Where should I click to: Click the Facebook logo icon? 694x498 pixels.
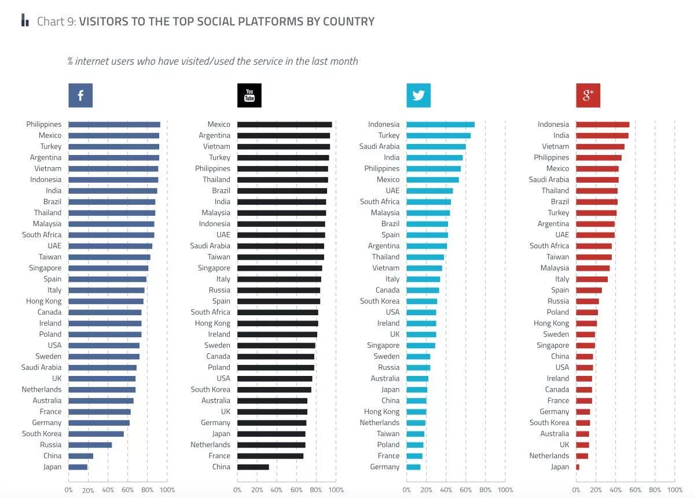click(x=80, y=95)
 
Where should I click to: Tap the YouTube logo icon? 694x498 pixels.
click(x=249, y=95)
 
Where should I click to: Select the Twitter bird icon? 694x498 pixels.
click(x=418, y=95)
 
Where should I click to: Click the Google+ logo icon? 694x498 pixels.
click(x=588, y=95)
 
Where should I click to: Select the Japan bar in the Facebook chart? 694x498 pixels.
click(x=78, y=467)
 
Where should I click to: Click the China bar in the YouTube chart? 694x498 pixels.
click(x=253, y=467)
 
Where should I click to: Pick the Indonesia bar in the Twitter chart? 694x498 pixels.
click(x=440, y=124)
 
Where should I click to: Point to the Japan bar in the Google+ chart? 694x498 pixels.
click(x=578, y=467)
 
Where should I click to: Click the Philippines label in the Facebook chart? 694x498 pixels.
click(x=43, y=124)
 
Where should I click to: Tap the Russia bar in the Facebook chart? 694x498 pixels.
click(x=90, y=445)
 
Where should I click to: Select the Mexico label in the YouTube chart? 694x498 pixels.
click(x=219, y=124)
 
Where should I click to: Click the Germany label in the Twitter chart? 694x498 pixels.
click(x=385, y=467)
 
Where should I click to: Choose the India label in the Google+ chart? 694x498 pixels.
click(x=561, y=135)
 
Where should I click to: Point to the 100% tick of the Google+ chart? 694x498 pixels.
click(x=675, y=490)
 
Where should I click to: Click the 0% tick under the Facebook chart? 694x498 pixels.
click(x=68, y=490)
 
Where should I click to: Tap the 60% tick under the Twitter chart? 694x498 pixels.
click(x=466, y=490)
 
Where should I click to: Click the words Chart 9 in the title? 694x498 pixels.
click(x=56, y=22)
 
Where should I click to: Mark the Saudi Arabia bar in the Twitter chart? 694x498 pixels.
click(x=436, y=146)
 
